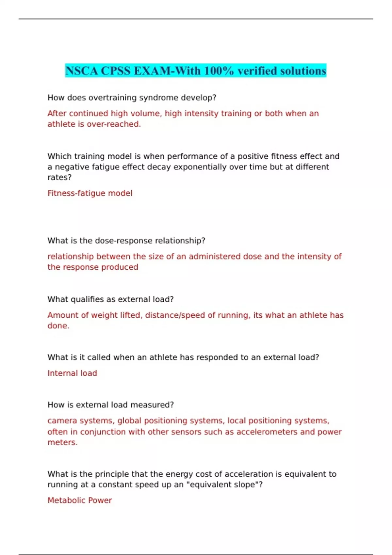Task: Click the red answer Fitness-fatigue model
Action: pyautogui.click(x=90, y=193)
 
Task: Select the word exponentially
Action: pyautogui.click(x=198, y=167)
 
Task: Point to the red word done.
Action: pyautogui.click(x=58, y=326)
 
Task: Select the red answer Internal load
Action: pyautogui.click(x=72, y=373)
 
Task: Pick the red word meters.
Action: pyautogui.click(x=62, y=442)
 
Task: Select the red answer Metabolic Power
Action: pyautogui.click(x=80, y=500)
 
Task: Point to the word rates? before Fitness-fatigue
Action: pyautogui.click(x=59, y=177)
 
